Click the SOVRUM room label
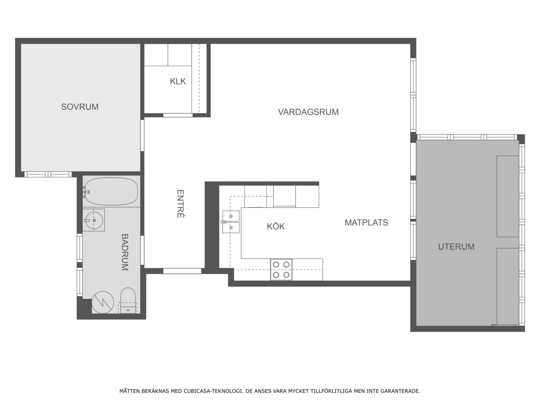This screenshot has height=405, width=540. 80,107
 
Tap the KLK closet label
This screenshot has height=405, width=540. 178,81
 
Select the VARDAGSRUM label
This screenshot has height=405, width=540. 308,112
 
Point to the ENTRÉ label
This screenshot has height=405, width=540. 180,204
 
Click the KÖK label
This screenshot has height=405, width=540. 276,226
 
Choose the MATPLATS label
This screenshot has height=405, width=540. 366,222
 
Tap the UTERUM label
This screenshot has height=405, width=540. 456,247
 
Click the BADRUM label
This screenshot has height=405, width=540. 125,252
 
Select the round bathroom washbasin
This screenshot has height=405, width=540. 94,220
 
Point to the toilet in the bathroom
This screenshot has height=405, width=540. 128,300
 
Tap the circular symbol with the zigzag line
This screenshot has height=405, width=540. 103,303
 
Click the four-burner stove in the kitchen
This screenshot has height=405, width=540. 281,270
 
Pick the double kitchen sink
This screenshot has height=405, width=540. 231,222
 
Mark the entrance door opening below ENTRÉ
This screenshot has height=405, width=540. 182,271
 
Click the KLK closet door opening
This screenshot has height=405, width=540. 178,115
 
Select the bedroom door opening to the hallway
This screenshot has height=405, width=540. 142,135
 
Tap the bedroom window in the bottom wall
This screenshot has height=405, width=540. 48,174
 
